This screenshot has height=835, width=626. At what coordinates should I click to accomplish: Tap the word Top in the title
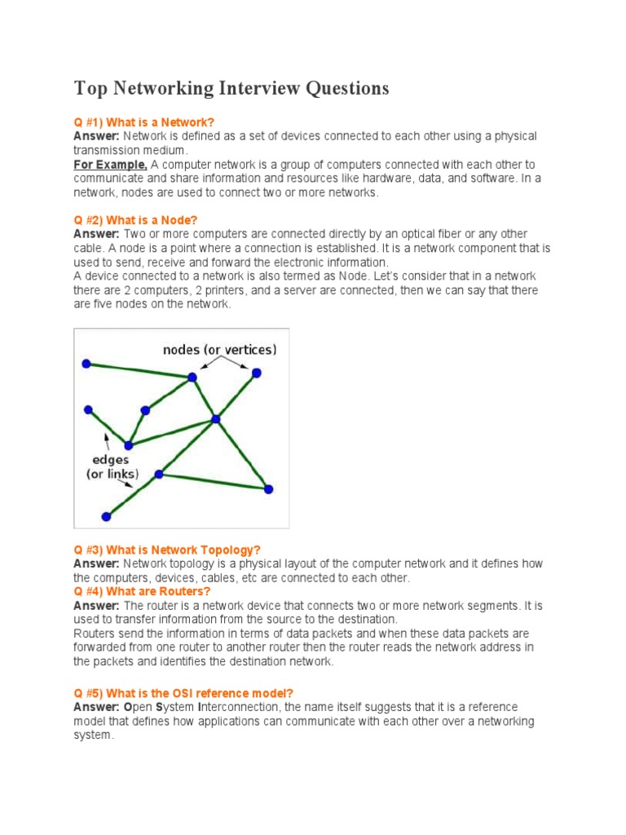click(x=90, y=88)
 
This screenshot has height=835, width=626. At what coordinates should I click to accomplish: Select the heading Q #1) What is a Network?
click(x=143, y=121)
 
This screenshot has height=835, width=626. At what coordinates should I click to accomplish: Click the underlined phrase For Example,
click(x=111, y=165)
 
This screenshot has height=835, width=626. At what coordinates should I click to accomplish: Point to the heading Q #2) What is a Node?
click(x=135, y=220)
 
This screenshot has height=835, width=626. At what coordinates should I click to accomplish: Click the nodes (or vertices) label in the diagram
click(x=219, y=350)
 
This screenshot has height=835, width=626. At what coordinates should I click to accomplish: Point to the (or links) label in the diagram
click(x=112, y=474)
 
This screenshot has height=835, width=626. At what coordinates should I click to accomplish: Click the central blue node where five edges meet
click(x=216, y=419)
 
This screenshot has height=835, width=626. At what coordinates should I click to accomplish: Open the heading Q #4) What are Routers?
click(x=142, y=591)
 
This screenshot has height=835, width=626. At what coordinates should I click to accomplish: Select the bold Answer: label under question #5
click(x=96, y=707)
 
